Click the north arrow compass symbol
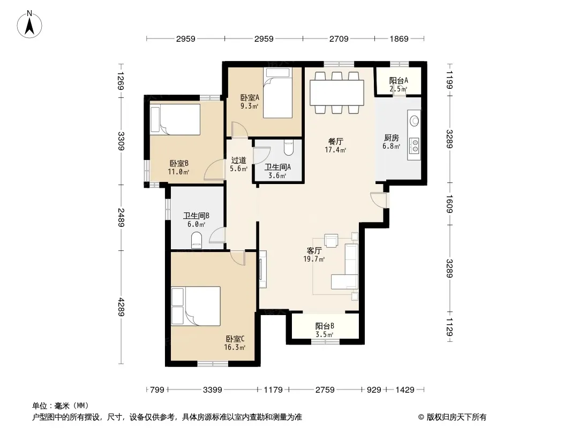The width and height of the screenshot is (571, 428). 29,24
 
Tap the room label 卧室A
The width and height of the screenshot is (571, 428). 250,97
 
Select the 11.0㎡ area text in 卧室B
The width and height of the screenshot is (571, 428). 178,172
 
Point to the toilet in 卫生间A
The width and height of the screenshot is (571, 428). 289,147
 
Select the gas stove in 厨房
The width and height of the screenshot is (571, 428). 415,146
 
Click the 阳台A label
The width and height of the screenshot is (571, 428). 399,80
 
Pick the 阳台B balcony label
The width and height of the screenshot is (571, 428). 325,326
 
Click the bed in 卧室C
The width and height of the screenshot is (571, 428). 196,306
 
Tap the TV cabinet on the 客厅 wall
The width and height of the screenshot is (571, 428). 262,269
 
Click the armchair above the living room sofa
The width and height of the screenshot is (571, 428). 332,240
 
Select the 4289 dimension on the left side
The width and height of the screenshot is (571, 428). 121,307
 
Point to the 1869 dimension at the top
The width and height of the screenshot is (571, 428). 399,39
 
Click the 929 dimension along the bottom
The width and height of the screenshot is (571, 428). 374,390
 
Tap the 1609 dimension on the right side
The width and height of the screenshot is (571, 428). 449,204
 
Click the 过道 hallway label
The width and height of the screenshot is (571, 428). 238,160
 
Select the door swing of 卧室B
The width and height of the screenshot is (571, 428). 214,170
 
